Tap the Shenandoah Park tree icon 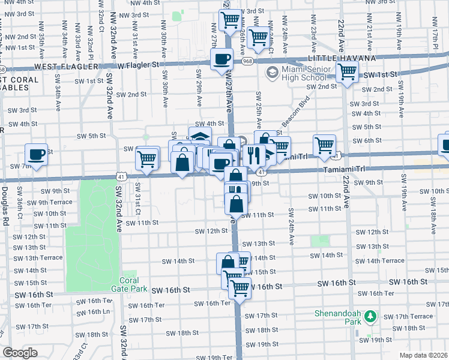[x=371, y=315]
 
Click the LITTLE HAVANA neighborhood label [x=342, y=58]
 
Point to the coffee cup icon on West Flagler [x=221, y=59]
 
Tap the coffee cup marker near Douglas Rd [x=37, y=155]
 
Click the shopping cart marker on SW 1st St [x=348, y=72]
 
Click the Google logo [x=20, y=353]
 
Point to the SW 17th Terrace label [x=409, y=316]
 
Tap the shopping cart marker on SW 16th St [x=240, y=288]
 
